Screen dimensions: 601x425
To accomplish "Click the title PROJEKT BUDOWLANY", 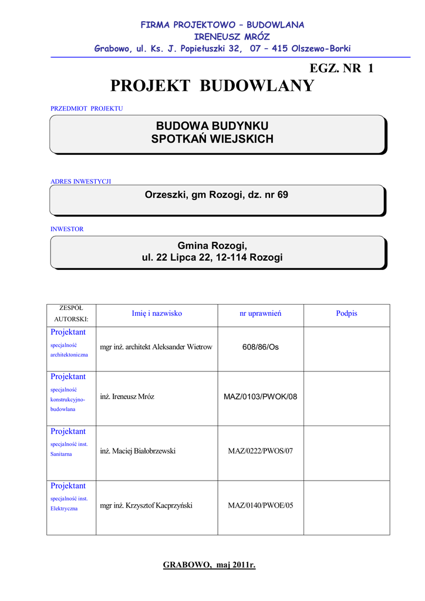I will pos(212,86).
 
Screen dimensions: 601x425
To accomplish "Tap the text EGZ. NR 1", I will pos(342,68).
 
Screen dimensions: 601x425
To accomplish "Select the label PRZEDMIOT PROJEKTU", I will pos(87,109).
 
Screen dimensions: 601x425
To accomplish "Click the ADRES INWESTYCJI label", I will pos(80,181).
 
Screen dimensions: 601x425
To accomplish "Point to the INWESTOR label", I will pos(67,229).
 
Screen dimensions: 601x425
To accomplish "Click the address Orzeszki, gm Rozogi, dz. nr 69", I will pos(217,195).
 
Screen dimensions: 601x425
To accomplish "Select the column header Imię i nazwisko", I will pos(157,313).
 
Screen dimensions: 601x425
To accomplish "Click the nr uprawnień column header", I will pos(260,313).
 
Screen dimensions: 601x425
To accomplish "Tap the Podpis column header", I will pos(346,313).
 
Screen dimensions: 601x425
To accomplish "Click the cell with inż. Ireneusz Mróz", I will pos(127,397).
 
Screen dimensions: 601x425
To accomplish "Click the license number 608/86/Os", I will pos(261,347).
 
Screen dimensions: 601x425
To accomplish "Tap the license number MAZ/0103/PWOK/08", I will pos(261,397).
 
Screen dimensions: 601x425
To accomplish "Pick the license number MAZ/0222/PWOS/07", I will pos(260,451).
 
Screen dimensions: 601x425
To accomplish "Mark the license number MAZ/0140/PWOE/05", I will pos(260,505).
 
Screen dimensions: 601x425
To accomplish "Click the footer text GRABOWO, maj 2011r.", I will pos(209,565).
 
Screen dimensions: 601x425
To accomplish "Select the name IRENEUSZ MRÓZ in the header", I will pos(222,36).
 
